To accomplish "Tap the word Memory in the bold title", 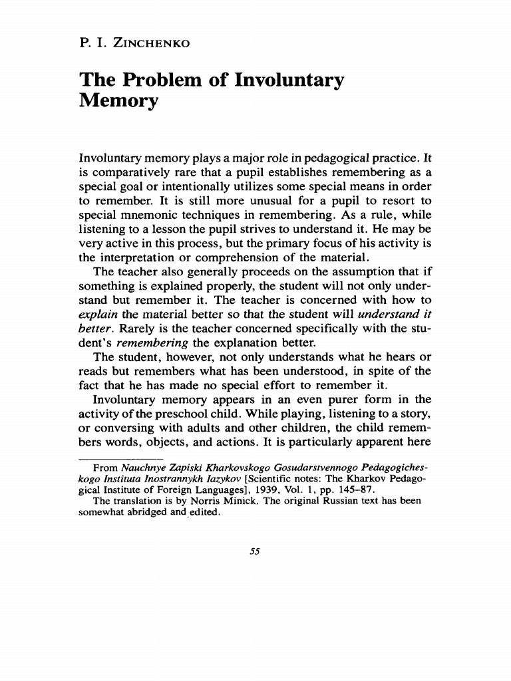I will [119, 102].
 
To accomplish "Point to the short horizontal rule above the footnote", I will [120, 459].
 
